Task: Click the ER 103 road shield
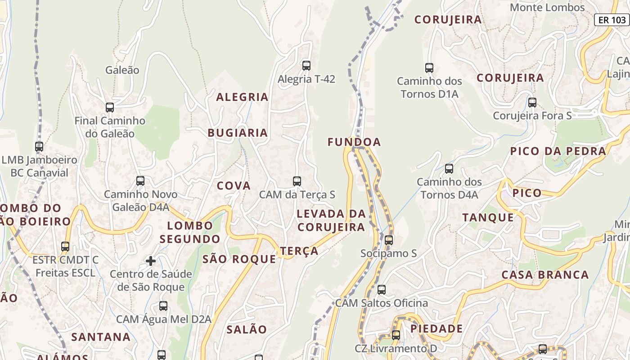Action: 612,20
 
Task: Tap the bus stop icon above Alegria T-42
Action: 306,66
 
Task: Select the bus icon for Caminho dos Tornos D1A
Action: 429,68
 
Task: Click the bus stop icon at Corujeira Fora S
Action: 532,103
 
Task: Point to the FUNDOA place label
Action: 354,142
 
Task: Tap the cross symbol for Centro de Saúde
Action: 151,261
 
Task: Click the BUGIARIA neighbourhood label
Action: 238,133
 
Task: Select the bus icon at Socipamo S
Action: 389,240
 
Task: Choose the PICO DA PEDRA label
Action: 558,151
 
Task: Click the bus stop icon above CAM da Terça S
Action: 297,181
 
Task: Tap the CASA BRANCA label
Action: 545,274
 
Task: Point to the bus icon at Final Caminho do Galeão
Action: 110,108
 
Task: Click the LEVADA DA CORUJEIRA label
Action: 331,220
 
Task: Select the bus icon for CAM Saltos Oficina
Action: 382,290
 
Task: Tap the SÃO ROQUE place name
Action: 239,259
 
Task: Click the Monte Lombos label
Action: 547,8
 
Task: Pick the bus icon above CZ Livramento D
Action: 396,335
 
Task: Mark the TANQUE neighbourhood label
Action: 488,218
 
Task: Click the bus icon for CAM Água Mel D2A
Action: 163,306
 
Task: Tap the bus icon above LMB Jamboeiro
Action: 39,147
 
